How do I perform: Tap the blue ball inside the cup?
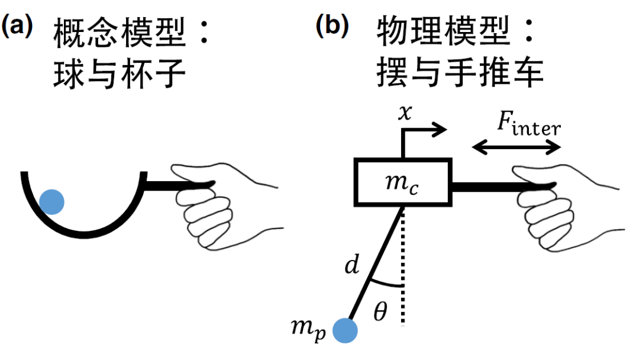click(x=51, y=202)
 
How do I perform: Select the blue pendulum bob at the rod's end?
click(x=345, y=330)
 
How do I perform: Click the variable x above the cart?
click(x=405, y=113)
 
